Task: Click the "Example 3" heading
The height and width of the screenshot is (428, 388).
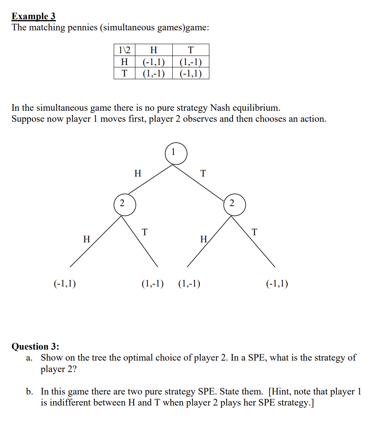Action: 33,17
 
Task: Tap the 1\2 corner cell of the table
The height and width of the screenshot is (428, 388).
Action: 124,50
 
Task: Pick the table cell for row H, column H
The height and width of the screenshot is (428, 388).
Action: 153,62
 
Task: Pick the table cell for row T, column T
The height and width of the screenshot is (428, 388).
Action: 190,73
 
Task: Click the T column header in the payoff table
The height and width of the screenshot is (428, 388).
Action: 190,50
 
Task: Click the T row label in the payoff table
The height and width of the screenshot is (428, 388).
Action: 124,73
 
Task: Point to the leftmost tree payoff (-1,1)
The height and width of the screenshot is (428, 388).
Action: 65,283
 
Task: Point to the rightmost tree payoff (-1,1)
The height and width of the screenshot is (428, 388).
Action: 277,283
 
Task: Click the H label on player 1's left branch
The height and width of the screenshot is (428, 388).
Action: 137,173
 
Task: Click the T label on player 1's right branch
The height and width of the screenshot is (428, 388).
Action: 203,173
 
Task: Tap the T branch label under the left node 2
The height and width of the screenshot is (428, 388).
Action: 145,232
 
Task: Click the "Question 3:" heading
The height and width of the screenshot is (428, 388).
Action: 35,346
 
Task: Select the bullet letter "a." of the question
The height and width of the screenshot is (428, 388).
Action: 29,358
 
